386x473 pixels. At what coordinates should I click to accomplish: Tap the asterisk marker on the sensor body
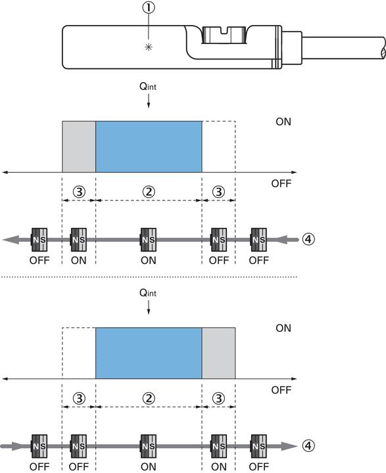[151, 47]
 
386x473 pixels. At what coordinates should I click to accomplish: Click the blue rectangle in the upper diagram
[149, 146]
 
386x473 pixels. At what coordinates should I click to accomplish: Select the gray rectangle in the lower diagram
[218, 353]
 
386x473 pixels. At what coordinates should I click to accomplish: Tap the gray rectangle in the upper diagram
[79, 146]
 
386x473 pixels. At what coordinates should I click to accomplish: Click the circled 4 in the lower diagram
[308, 445]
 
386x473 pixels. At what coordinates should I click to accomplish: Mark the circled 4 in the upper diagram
[308, 239]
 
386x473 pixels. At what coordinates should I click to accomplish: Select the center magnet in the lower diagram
[149, 445]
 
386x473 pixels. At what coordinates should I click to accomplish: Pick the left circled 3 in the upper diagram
[78, 192]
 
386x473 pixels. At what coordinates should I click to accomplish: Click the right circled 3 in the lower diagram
[218, 398]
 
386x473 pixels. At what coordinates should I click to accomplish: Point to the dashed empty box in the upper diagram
[218, 146]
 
